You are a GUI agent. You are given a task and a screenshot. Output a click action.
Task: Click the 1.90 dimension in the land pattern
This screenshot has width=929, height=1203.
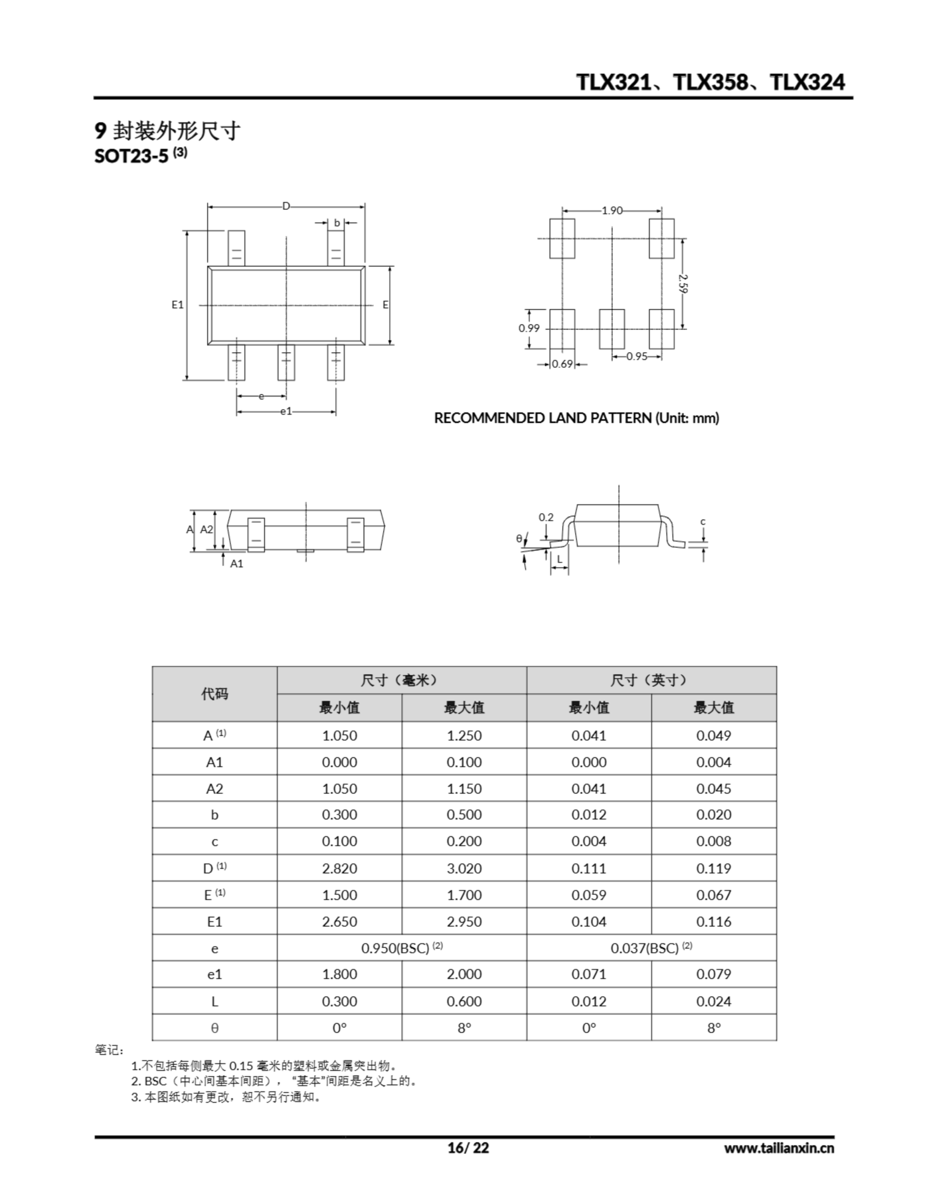tap(612, 211)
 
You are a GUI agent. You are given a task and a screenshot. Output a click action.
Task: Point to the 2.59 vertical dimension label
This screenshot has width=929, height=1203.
tap(683, 284)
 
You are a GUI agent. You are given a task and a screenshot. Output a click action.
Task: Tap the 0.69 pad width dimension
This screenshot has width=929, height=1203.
tap(562, 364)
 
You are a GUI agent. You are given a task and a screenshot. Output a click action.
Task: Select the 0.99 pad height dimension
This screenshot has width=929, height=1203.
tap(529, 328)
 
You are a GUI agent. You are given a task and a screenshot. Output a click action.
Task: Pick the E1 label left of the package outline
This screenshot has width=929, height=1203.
tap(178, 305)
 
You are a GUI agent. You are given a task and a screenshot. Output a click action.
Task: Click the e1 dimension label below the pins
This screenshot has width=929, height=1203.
tap(286, 411)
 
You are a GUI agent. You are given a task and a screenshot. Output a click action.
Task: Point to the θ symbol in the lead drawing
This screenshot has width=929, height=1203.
tap(519, 539)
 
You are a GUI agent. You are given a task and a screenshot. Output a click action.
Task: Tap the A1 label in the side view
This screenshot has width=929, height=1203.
tap(236, 563)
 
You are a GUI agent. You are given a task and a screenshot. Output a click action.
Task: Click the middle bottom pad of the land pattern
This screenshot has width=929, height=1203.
tap(612, 329)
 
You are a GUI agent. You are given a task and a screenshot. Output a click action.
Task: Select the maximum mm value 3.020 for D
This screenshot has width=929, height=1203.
tap(464, 868)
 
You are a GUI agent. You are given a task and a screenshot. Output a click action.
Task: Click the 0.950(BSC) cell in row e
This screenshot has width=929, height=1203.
tap(402, 948)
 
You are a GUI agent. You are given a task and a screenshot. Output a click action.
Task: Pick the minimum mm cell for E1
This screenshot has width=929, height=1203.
tap(339, 922)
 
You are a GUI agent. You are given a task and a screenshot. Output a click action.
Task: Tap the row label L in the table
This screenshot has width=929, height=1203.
tap(214, 1001)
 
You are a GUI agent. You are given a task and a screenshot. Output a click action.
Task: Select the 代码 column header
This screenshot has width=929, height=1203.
tap(214, 694)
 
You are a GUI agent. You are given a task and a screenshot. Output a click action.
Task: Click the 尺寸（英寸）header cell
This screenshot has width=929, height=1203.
tap(651, 680)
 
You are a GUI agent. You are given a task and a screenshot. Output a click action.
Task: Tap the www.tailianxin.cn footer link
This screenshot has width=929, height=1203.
tap(779, 1148)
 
